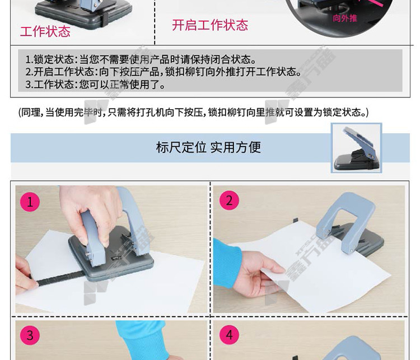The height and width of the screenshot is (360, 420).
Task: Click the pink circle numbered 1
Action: click(x=30, y=202)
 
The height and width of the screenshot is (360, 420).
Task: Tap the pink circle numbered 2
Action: click(x=229, y=200)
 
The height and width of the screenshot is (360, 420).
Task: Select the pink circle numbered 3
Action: click(x=30, y=335)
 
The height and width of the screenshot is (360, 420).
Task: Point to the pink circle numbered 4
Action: click(x=229, y=335)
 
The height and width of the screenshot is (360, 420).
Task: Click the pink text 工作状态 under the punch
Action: click(x=45, y=31)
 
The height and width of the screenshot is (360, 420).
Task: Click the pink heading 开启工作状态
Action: click(x=210, y=25)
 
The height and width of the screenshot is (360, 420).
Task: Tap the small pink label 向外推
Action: click(x=345, y=18)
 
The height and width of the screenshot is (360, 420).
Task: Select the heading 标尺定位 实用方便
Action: click(x=208, y=147)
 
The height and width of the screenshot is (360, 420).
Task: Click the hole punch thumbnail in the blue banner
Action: click(x=357, y=148)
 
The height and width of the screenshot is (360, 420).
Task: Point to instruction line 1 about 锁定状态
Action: click(x=141, y=59)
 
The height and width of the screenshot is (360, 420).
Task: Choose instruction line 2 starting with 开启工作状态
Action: click(x=164, y=72)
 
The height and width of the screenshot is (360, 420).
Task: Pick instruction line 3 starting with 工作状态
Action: click(x=95, y=85)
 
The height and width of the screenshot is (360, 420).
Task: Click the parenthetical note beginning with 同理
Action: click(x=193, y=112)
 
